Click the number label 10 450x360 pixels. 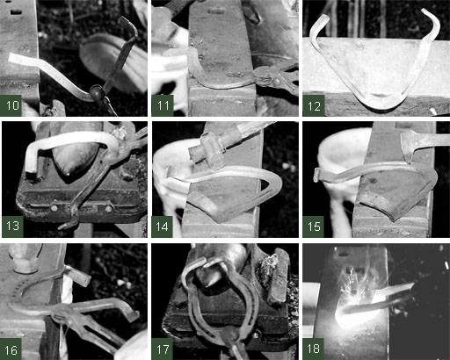[12, 105]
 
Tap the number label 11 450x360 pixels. [163, 105]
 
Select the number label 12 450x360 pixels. [314, 106]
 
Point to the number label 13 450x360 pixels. [12, 226]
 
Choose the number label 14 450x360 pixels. [162, 227]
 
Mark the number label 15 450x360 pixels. [314, 227]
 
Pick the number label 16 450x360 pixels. [11, 350]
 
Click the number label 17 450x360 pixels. [163, 349]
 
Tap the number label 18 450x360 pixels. [313, 349]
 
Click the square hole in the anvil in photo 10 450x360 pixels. [16, 12]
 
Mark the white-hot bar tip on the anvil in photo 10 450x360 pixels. [18, 59]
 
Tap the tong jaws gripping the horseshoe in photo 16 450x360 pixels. [60, 312]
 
